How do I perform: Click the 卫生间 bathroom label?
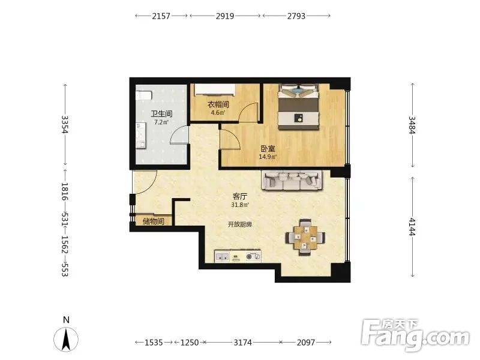[x=161, y=114]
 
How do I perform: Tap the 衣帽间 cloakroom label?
[x=218, y=104]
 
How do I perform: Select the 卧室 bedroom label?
[x=268, y=149]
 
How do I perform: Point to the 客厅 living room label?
[x=239, y=197]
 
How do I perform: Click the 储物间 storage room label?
[x=154, y=221]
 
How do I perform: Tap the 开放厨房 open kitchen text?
[x=239, y=224]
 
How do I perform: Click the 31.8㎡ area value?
[x=239, y=205]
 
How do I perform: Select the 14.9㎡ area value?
[x=268, y=157]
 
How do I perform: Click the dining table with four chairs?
[x=305, y=237]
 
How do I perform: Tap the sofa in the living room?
[x=292, y=181]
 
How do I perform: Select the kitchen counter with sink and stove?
[x=238, y=256]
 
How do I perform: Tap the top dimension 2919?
[x=225, y=16]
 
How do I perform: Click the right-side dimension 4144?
[x=412, y=227]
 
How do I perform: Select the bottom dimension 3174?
[x=243, y=342]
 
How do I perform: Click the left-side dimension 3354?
[x=65, y=124]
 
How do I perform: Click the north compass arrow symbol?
[x=66, y=339]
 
